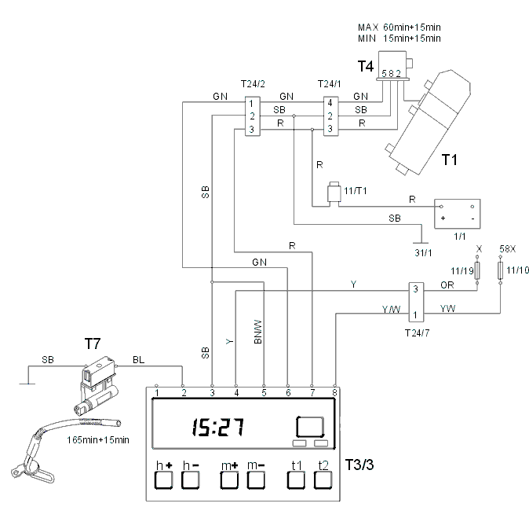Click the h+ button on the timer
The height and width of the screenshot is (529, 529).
163,480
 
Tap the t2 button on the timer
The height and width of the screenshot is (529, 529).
323,480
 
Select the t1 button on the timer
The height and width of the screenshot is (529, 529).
296,480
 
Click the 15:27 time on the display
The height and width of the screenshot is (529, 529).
218,427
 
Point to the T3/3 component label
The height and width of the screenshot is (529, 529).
359,465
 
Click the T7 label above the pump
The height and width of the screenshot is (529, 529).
93,343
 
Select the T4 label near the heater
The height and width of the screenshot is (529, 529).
366,66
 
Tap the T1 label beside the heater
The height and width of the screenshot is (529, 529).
450,160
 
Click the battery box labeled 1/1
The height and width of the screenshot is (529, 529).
457,214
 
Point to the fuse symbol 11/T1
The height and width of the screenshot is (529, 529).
334,193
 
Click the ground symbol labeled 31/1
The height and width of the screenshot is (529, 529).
421,243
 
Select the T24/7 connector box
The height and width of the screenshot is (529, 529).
416,302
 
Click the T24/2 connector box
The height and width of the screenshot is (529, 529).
253,116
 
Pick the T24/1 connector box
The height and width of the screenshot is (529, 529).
331,116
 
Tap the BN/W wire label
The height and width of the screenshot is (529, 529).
257,332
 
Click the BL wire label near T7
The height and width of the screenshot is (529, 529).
138,360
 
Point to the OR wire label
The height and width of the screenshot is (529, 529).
447,285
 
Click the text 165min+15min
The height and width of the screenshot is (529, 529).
98,440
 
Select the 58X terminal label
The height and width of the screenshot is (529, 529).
507,249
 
